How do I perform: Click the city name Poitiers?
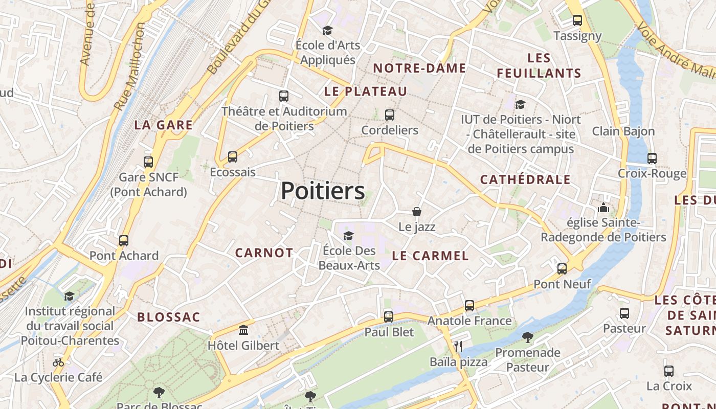pos(323,191)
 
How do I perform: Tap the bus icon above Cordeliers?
pos(390,115)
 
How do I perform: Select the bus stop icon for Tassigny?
pos(577,20)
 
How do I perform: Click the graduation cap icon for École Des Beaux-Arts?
pos(348,235)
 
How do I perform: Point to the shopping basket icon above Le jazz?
pos(417,211)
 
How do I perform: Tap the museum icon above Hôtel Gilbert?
pos(243,330)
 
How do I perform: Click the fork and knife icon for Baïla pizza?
pos(458,347)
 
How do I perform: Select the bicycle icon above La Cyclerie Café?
pos(58,362)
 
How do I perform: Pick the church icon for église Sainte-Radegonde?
pos(603,208)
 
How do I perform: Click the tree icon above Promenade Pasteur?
pos(528,337)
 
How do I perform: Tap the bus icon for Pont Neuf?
pos(562,268)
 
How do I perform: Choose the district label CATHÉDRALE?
pos(525,179)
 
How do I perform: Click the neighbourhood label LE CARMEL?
pos(430,256)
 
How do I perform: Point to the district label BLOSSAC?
pos(168,317)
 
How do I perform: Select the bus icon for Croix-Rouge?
pos(652,158)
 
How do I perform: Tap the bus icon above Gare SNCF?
pos(148,162)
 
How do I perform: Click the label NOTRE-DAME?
pos(419,68)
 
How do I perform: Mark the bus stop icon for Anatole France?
pos(469,306)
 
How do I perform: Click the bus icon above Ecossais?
pos(233,156)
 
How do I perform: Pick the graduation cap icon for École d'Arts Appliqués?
pos(327,30)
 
